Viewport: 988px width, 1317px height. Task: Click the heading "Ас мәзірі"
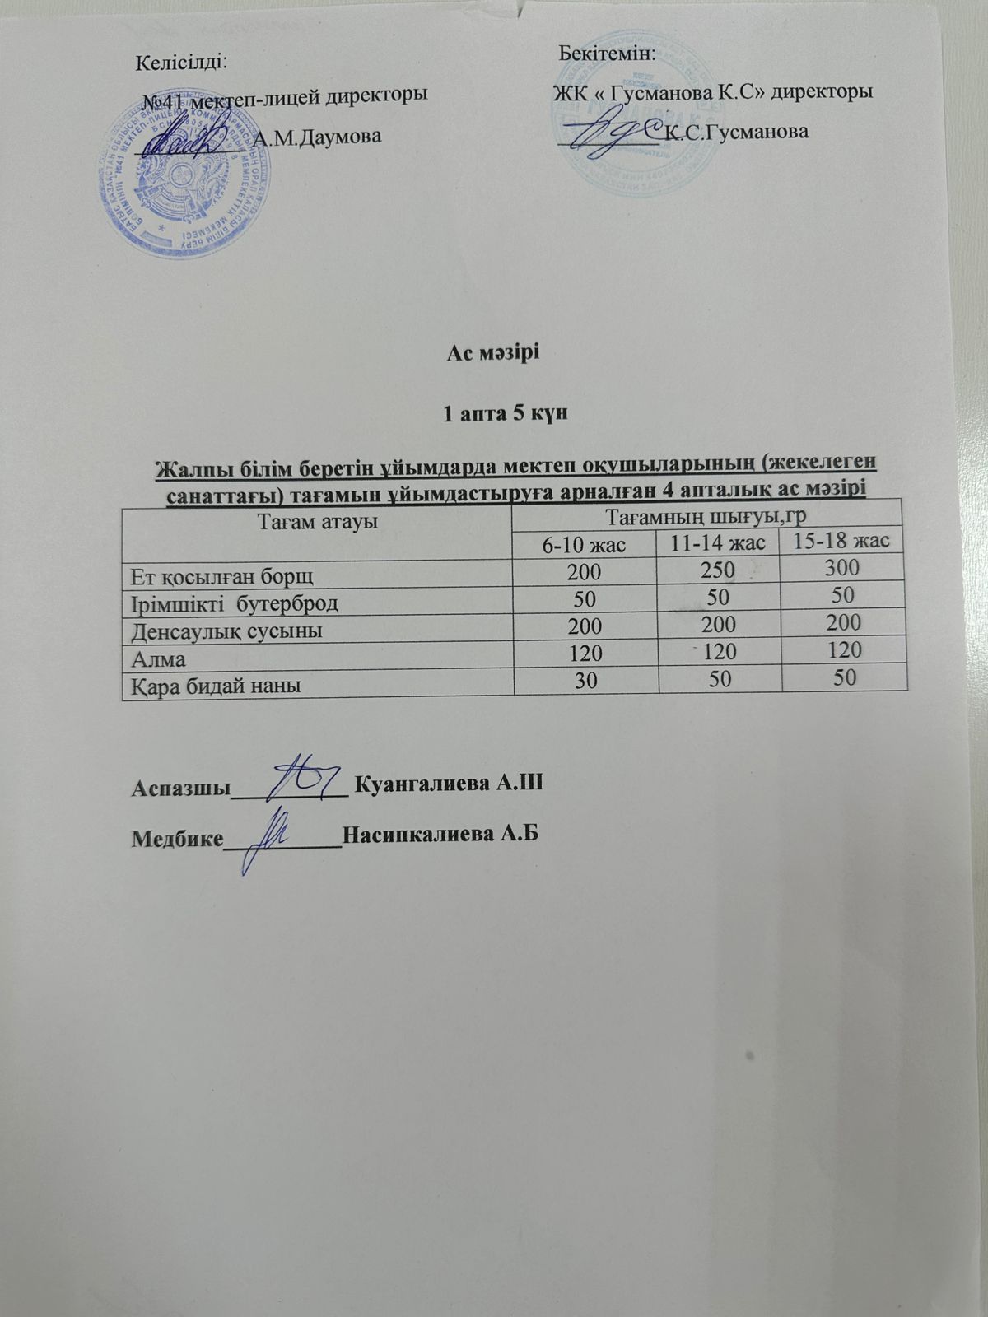click(x=493, y=354)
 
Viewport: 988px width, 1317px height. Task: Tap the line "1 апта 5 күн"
click(x=494, y=413)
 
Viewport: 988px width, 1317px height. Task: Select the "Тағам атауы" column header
click(x=318, y=521)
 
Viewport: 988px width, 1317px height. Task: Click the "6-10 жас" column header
click(x=584, y=544)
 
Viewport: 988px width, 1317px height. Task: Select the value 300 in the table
click(x=840, y=567)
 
